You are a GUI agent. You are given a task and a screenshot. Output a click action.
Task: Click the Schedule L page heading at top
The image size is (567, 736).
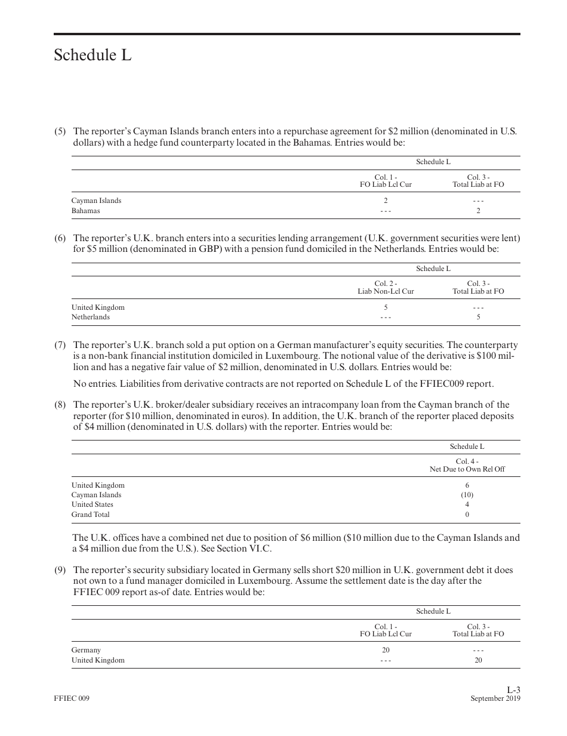tap(93, 56)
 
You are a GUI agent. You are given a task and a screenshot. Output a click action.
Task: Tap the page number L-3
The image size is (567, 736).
tap(513, 689)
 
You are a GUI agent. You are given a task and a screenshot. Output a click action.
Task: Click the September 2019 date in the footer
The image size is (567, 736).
tap(495, 698)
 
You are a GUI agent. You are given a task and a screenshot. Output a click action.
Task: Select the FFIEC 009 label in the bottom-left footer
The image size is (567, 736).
tap(71, 698)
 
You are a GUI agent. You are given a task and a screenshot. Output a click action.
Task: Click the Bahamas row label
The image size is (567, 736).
tap(85, 211)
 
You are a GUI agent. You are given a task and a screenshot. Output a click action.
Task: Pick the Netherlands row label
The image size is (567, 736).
tap(90, 317)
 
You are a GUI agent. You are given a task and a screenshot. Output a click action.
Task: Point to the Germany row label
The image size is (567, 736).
tap(86, 650)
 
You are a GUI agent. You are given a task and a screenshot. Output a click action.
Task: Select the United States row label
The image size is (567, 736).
tap(92, 504)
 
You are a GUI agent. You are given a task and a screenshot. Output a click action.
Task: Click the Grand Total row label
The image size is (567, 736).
tap(90, 515)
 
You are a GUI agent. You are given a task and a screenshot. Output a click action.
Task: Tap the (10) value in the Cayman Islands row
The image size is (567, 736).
tap(467, 495)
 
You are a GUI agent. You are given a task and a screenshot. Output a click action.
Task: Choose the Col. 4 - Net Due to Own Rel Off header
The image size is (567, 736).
tap(467, 465)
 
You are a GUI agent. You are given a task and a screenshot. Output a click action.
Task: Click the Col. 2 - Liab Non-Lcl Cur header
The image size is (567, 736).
tap(386, 287)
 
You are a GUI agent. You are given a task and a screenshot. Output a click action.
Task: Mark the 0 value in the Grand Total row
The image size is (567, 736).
tap(467, 515)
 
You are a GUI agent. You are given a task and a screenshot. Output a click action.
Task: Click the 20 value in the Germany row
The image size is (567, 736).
tap(386, 650)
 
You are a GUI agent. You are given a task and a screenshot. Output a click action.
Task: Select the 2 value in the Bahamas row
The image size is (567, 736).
tap(478, 211)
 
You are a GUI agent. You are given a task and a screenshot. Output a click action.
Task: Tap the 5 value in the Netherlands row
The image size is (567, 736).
tap(478, 317)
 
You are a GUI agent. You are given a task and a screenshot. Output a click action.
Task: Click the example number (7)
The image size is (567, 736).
tap(60, 345)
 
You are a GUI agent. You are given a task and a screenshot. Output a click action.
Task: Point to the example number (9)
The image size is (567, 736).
tap(60, 570)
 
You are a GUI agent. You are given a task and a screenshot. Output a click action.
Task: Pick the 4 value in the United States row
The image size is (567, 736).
tap(467, 504)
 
